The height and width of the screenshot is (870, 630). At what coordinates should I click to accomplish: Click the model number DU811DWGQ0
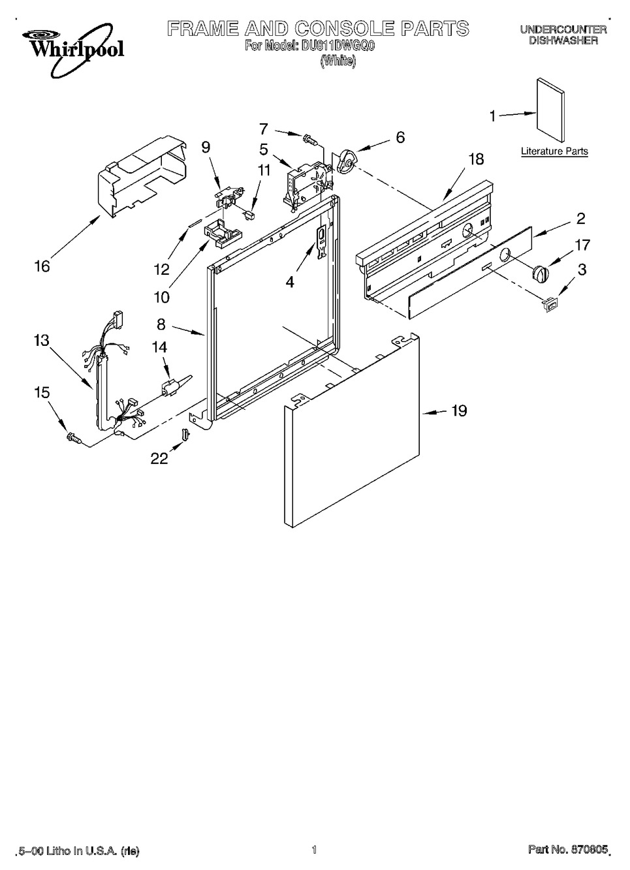point(336,47)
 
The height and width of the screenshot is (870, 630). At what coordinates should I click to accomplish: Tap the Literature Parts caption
point(554,151)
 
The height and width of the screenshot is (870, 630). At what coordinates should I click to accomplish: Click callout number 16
point(42,266)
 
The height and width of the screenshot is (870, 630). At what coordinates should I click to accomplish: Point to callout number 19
point(459,411)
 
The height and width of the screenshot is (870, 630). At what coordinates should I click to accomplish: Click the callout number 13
point(42,340)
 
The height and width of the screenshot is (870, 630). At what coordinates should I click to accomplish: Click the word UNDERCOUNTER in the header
point(563,29)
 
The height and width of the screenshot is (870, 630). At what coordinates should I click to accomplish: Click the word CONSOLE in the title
point(342,29)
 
